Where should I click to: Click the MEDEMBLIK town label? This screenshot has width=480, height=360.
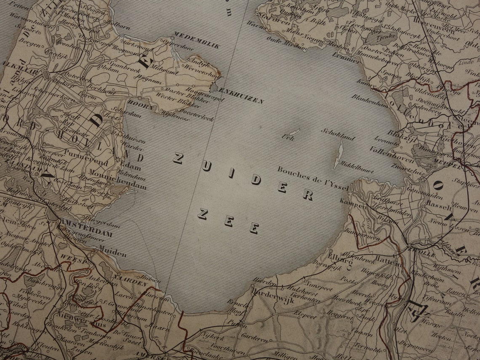196,46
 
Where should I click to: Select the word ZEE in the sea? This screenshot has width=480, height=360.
228,221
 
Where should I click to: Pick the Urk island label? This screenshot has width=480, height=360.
288,139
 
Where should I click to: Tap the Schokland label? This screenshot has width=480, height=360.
338,134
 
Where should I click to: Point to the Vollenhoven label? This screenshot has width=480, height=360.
384,150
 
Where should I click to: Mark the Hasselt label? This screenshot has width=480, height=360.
439,208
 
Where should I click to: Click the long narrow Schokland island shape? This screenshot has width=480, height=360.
338,155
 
